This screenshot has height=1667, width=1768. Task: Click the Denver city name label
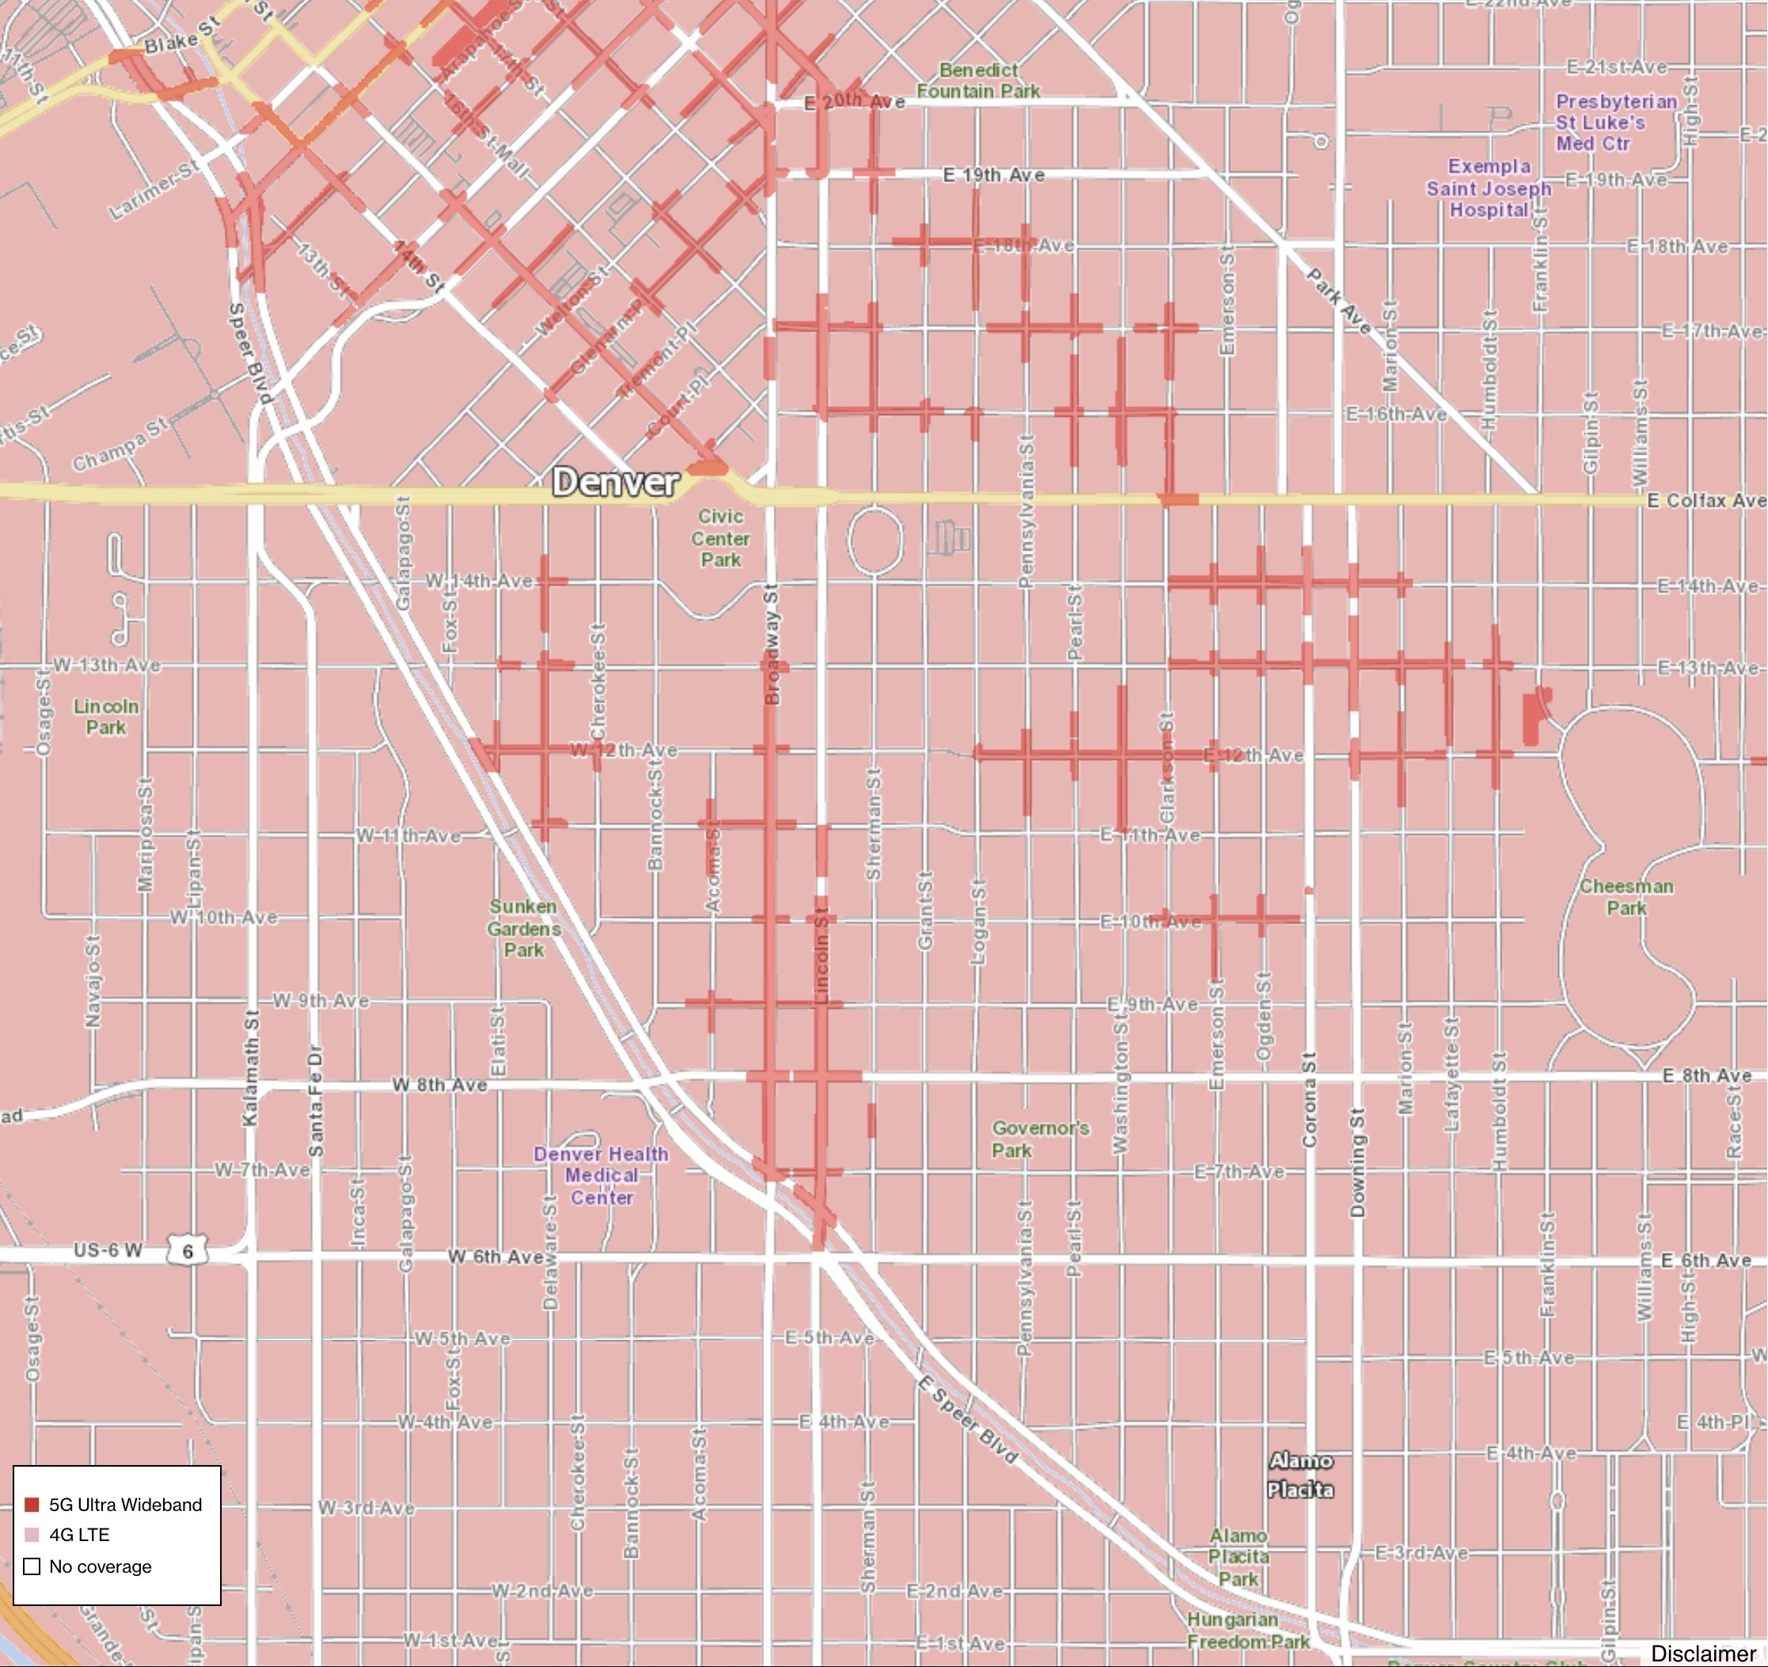[x=615, y=482]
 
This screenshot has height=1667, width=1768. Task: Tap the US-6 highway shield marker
[x=187, y=1250]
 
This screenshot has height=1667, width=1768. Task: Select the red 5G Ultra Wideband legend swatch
[x=32, y=1504]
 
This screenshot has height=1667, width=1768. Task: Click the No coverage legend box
[x=32, y=1566]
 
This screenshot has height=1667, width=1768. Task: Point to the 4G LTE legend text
[x=79, y=1536]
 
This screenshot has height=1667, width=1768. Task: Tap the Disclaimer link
[x=1703, y=1654]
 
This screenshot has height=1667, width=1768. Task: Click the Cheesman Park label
[x=1626, y=896]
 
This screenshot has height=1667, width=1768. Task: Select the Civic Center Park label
[x=721, y=539]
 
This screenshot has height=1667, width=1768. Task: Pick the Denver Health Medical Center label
[x=601, y=1175]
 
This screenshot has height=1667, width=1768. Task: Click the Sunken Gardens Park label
[x=524, y=928]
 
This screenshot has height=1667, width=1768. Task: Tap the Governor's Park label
[x=1040, y=1139]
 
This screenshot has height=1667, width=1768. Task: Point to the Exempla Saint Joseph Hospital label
[x=1489, y=188]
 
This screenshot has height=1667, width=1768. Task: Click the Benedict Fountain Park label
[x=979, y=80]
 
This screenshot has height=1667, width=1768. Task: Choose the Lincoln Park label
[x=106, y=716]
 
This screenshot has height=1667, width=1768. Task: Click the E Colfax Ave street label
[x=1705, y=500]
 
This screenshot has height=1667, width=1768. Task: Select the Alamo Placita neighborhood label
[x=1300, y=1475]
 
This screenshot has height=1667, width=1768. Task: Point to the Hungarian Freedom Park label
[x=1247, y=1631]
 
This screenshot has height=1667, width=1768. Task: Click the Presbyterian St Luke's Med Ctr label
[x=1615, y=123]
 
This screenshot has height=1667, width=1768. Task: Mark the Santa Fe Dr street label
[x=316, y=1102]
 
